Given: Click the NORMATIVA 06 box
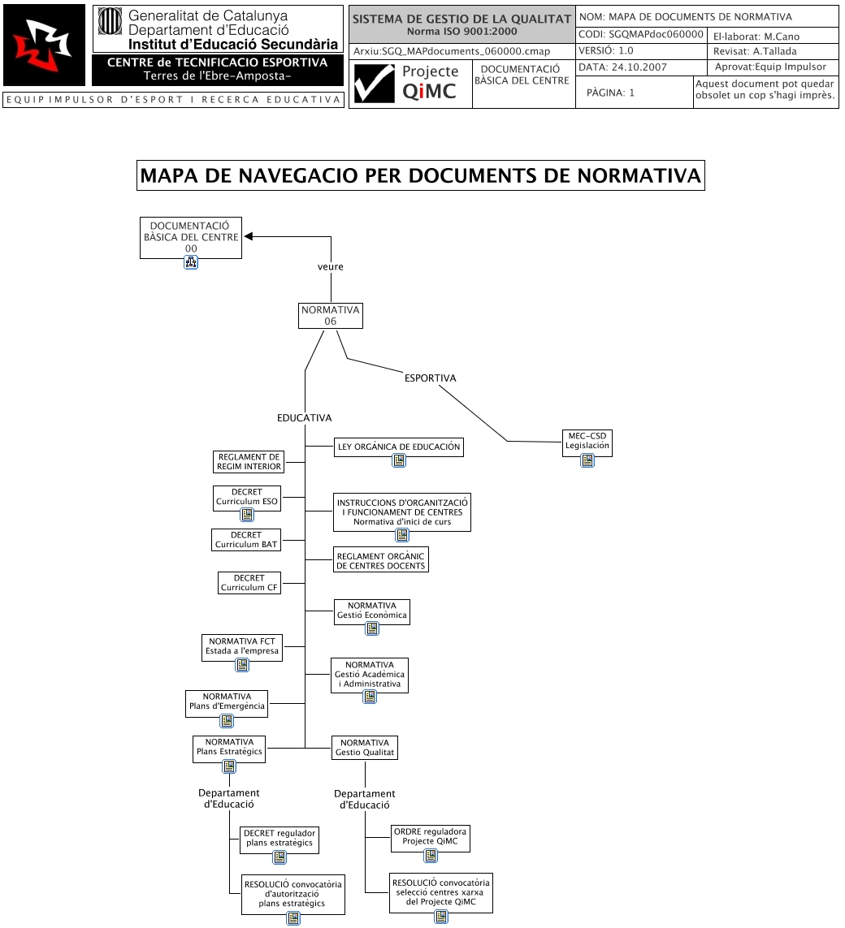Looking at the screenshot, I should [330, 316].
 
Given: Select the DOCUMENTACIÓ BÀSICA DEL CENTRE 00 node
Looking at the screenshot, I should [191, 237].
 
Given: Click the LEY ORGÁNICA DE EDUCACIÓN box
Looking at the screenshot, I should [398, 446].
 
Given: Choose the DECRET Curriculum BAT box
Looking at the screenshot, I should [246, 540].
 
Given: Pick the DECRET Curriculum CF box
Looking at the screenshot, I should [249, 583].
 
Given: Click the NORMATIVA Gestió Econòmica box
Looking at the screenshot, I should [371, 611].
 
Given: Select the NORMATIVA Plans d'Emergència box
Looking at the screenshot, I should [227, 701].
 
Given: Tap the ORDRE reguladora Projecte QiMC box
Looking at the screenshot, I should [430, 836].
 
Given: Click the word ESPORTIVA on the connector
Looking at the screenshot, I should [430, 378].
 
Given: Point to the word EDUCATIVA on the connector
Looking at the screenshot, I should [304, 418].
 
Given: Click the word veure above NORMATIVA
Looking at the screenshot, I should [330, 266].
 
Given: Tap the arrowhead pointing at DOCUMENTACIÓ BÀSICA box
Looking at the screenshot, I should [249, 236].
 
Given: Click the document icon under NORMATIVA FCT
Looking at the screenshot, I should [242, 666].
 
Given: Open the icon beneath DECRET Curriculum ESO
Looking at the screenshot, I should [246, 515].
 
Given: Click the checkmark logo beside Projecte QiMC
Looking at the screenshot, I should [374, 84].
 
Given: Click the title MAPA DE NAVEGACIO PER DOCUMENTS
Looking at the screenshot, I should [420, 175].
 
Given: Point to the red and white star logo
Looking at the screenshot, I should [44, 45].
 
